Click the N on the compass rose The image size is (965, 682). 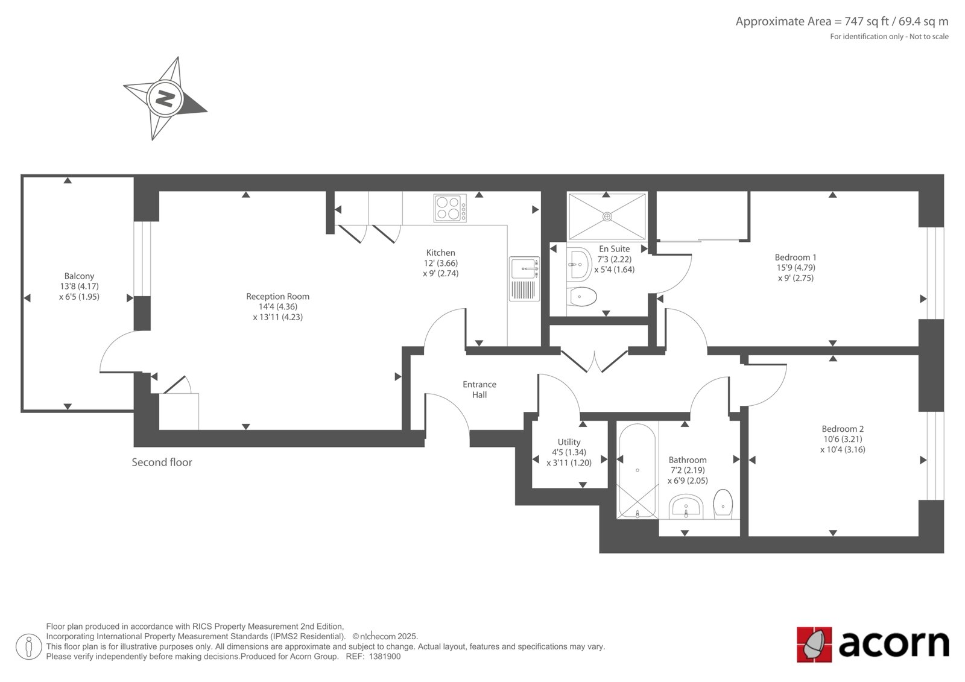[x=165, y=99]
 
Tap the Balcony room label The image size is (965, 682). [x=79, y=276]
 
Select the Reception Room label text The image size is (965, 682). [x=278, y=297]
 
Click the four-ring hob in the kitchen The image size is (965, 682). [x=450, y=209]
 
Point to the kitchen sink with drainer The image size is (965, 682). [x=524, y=279]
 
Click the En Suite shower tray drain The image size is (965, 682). [x=607, y=216]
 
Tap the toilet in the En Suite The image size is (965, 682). [x=581, y=297]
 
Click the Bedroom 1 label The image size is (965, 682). [x=796, y=257]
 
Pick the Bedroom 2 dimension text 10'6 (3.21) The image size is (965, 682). [x=843, y=440]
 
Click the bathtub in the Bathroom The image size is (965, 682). [x=637, y=471]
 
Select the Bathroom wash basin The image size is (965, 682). [x=686, y=507]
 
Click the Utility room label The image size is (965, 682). [x=569, y=442]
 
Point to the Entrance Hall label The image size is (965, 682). [x=479, y=390]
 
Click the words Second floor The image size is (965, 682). [x=162, y=463]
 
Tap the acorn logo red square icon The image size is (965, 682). [x=814, y=645]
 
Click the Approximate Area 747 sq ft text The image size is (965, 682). [x=842, y=22]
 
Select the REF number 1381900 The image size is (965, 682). [x=384, y=657]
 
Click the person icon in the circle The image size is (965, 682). [x=29, y=646]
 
